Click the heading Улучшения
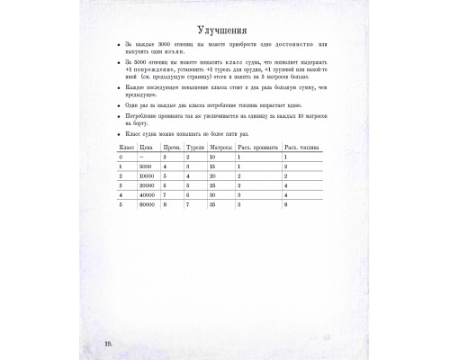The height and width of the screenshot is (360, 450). tap(225, 26)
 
